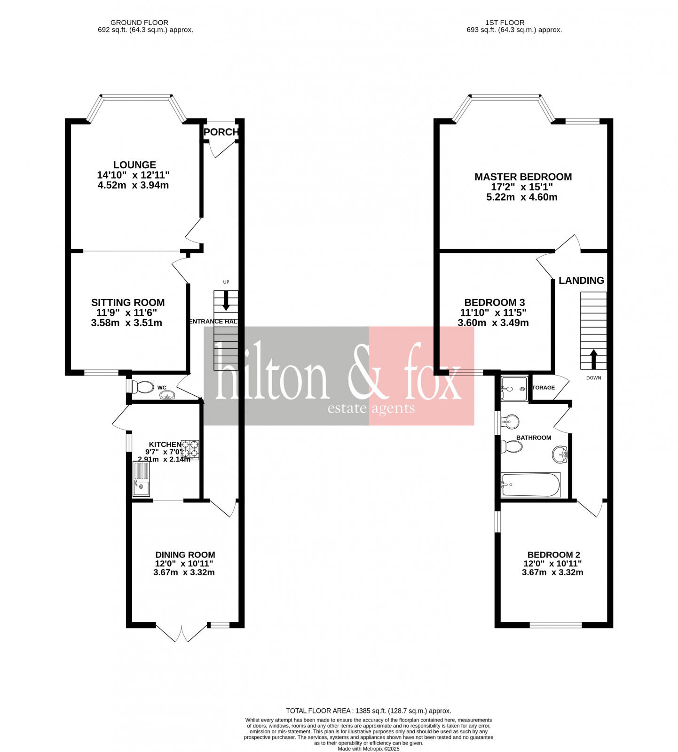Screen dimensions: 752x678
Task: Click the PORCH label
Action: coord(221,132)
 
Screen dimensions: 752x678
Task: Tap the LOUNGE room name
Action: coord(134,165)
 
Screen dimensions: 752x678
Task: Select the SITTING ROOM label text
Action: coord(128,303)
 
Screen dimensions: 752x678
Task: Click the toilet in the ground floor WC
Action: coord(142,387)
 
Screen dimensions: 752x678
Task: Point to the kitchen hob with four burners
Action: coord(190,449)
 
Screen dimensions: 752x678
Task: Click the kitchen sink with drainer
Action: coord(141,479)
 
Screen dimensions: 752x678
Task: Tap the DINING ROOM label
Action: coord(185,555)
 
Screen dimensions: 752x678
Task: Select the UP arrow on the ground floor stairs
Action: coord(226,301)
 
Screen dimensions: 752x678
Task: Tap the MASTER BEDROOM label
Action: coord(523,177)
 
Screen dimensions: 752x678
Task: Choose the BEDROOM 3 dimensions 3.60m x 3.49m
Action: coord(493,323)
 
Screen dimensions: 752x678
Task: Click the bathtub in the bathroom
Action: coord(531,485)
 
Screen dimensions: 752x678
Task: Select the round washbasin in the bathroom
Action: coord(560,454)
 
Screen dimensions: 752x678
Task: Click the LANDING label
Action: coord(581,281)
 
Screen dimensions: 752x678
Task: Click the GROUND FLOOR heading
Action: coord(139,23)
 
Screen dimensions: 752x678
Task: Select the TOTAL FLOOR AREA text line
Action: coord(368,711)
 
